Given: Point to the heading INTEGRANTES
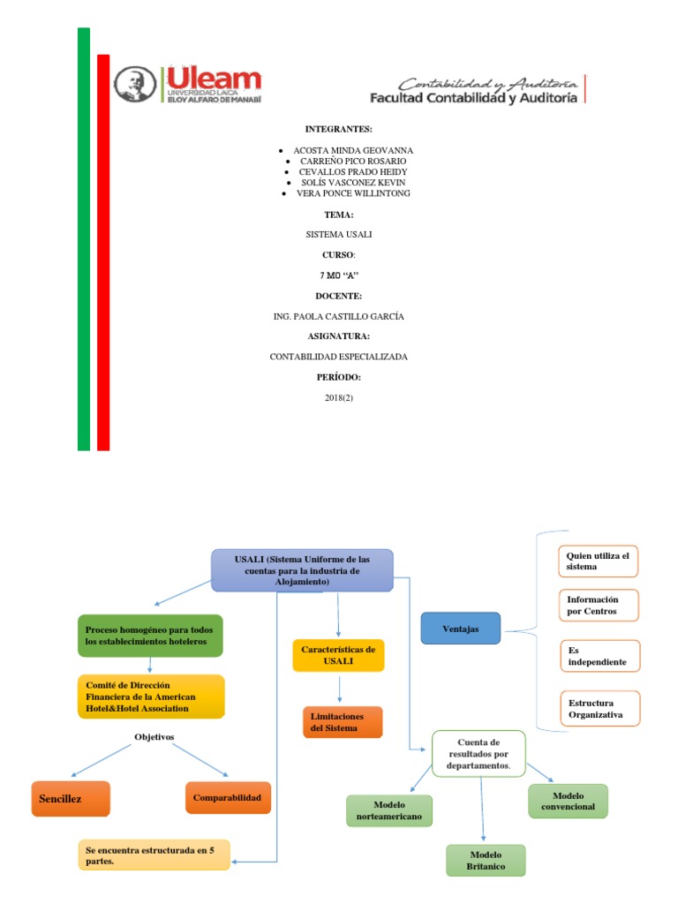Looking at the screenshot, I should [x=339, y=129].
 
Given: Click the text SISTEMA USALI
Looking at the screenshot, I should [x=339, y=236].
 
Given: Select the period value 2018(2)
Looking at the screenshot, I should [x=339, y=398].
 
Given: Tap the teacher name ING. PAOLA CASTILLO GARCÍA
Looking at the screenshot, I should [x=339, y=316].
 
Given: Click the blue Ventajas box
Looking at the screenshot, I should [x=460, y=629].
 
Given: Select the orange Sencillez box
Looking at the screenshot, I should [x=71, y=798].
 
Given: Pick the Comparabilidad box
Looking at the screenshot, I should [x=228, y=797].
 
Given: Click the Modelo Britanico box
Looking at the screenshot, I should [x=486, y=860].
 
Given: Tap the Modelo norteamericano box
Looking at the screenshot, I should [x=389, y=810].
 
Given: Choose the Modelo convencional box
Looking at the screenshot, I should [x=568, y=801].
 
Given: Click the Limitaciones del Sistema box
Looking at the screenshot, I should [x=342, y=721].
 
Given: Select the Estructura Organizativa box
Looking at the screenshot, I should [x=599, y=708].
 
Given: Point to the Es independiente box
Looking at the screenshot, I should [x=599, y=655].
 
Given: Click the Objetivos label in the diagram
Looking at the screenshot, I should [x=154, y=735].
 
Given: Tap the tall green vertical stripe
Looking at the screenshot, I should [x=84, y=238].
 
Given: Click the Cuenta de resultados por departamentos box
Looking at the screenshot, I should [x=478, y=754].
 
